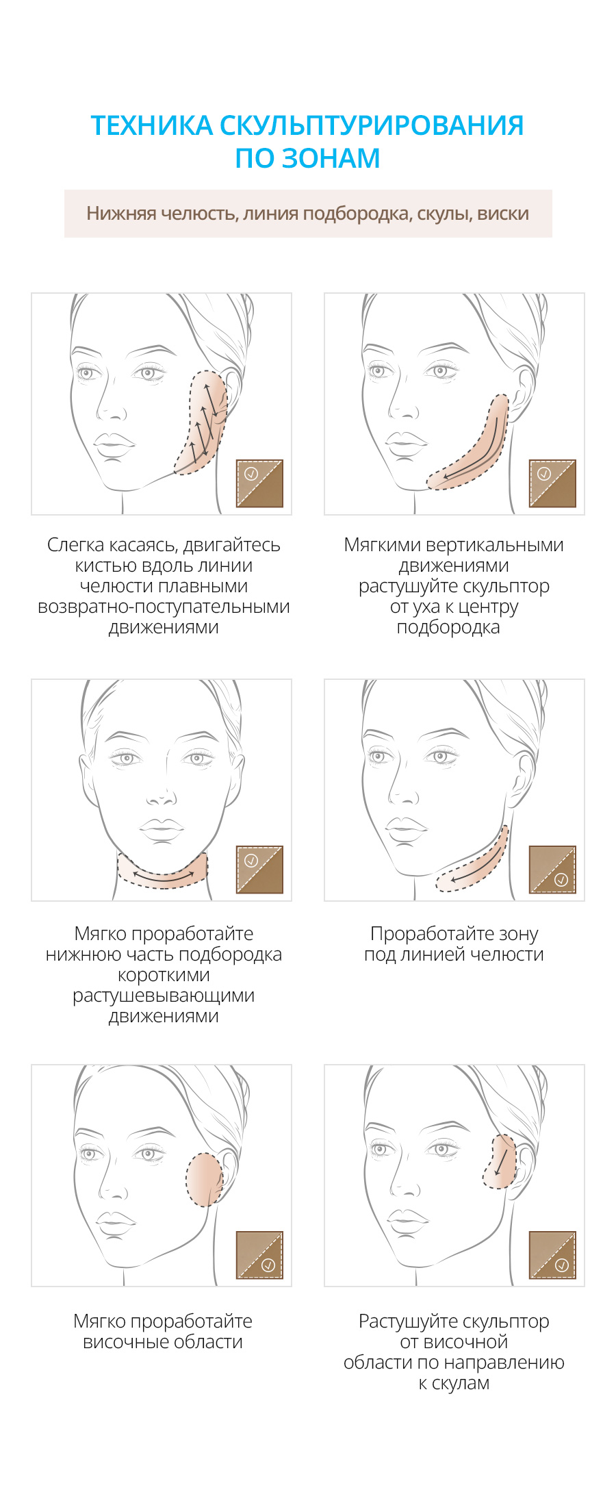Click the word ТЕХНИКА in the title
151,125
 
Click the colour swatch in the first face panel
259,483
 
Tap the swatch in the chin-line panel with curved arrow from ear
552,483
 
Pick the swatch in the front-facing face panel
259,870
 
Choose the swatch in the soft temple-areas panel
259,1255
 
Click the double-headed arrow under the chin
162,877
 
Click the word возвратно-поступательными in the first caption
164,607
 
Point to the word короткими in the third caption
164,975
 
